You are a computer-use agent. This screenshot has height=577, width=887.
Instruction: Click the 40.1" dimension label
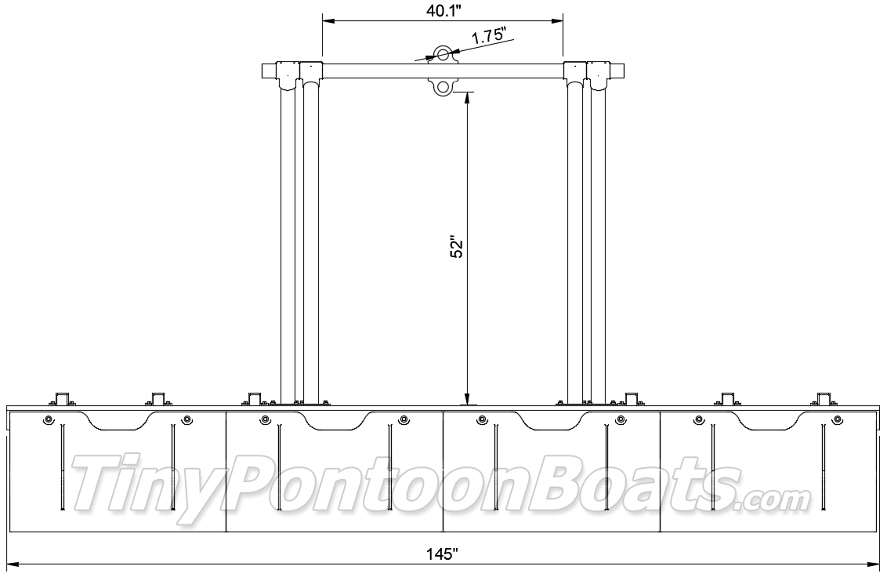click(x=443, y=11)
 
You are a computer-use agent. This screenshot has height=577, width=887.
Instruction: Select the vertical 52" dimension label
click(x=457, y=248)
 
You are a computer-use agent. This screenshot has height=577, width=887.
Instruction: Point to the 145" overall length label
click(x=443, y=553)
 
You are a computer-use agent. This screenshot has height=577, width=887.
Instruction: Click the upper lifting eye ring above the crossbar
click(x=442, y=54)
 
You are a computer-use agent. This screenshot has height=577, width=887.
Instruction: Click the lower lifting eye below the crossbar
click(x=442, y=87)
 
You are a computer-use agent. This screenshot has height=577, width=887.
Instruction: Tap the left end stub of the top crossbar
click(x=268, y=71)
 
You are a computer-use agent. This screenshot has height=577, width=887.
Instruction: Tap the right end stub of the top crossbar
click(x=618, y=71)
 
